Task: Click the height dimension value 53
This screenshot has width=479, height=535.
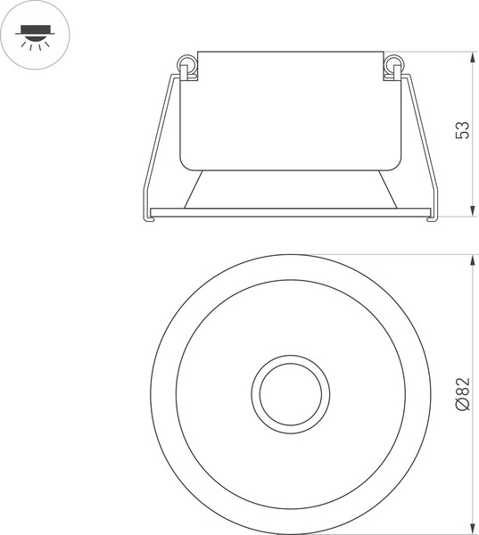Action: (x=462, y=131)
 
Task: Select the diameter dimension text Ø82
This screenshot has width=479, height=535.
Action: (x=462, y=393)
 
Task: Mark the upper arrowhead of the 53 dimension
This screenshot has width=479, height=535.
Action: (x=471, y=58)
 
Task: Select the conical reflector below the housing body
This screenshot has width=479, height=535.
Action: (x=289, y=189)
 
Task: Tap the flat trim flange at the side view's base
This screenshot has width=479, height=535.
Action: (x=289, y=212)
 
